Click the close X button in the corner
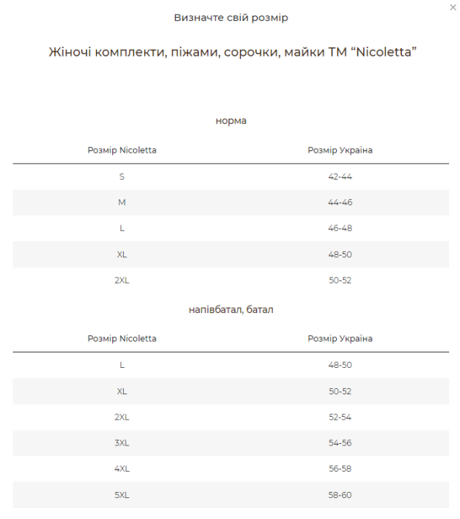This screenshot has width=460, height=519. pyautogui.click(x=453, y=8)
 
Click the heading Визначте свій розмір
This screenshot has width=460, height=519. pyautogui.click(x=231, y=17)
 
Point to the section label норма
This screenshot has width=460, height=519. pyautogui.click(x=231, y=121)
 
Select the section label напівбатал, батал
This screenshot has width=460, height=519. pyautogui.click(x=231, y=309)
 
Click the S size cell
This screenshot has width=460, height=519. pyautogui.click(x=122, y=177)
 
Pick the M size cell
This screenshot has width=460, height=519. pyautogui.click(x=122, y=202)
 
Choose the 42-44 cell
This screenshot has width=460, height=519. pyautogui.click(x=340, y=177)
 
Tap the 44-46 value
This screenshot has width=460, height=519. pyautogui.click(x=340, y=202)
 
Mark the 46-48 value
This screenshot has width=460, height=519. pyautogui.click(x=340, y=229)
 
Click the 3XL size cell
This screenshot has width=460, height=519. pyautogui.click(x=122, y=443)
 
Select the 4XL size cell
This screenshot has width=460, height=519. pyautogui.click(x=122, y=469)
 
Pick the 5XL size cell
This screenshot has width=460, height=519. pyautogui.click(x=122, y=495)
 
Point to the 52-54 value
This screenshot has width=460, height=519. pyautogui.click(x=340, y=417)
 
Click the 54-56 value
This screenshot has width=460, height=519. pyautogui.click(x=340, y=443)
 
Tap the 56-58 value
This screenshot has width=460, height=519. pyautogui.click(x=340, y=469)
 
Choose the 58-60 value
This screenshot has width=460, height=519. pyautogui.click(x=340, y=495)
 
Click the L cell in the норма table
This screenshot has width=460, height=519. pyautogui.click(x=122, y=229)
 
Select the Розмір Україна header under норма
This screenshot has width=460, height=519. pyautogui.click(x=340, y=150)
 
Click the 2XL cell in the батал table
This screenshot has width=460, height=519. pyautogui.click(x=122, y=417)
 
